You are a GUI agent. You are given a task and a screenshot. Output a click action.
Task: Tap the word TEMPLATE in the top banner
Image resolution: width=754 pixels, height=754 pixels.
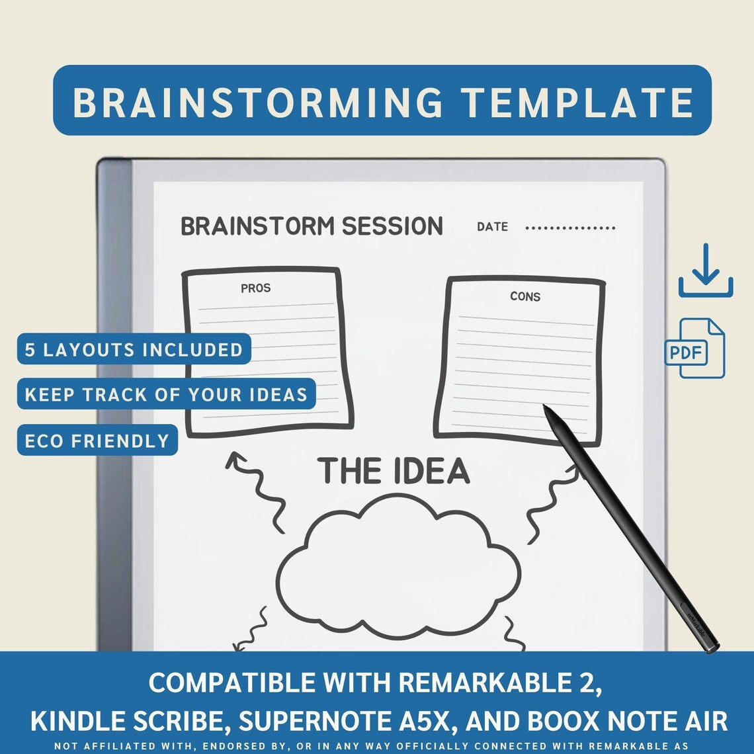[x=577, y=102]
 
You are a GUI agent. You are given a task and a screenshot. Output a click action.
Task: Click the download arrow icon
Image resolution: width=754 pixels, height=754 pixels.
[x=706, y=271]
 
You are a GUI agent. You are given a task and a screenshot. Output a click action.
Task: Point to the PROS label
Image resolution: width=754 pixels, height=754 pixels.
[x=255, y=288]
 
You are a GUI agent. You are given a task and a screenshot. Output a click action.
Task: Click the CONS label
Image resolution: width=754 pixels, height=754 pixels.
[x=525, y=296]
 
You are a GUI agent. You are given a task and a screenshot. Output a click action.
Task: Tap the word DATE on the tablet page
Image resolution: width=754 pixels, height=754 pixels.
[x=493, y=227]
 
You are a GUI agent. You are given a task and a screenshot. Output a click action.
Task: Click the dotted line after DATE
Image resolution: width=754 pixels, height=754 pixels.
[x=570, y=228]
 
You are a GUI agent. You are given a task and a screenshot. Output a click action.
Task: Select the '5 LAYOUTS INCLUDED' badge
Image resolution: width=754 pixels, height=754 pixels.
[x=134, y=349]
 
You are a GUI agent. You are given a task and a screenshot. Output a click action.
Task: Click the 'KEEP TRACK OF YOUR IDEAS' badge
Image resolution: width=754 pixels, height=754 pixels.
[x=166, y=395]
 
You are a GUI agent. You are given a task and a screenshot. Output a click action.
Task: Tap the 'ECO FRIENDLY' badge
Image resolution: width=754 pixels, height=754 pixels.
[x=97, y=440]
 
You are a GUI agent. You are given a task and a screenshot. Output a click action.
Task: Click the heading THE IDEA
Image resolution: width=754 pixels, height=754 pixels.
[x=394, y=471]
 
